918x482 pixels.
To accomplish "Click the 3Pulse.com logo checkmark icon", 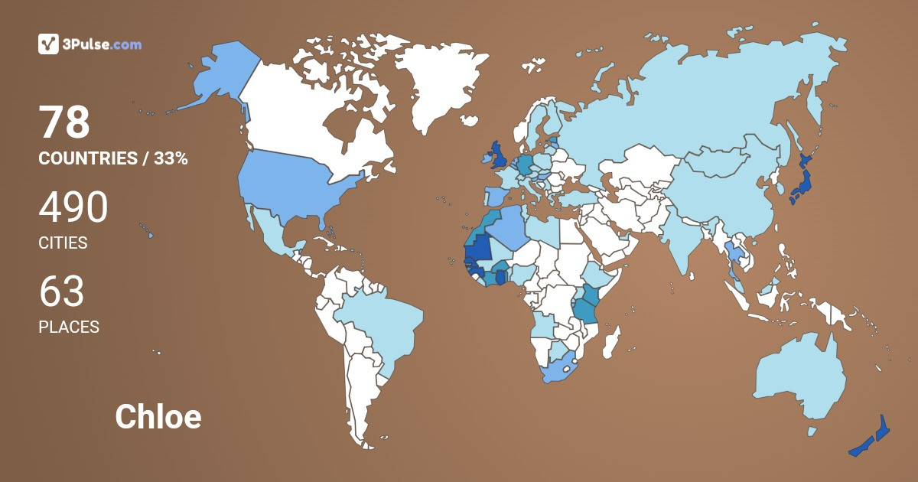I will point(48,44).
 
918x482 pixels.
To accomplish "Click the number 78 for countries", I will point(65,123).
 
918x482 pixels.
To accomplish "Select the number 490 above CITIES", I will point(73,207).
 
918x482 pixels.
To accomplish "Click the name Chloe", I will point(158,417).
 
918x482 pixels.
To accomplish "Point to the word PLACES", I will point(69,327).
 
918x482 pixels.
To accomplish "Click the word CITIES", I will point(63,243).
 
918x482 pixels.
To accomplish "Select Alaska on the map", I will point(218,77).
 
